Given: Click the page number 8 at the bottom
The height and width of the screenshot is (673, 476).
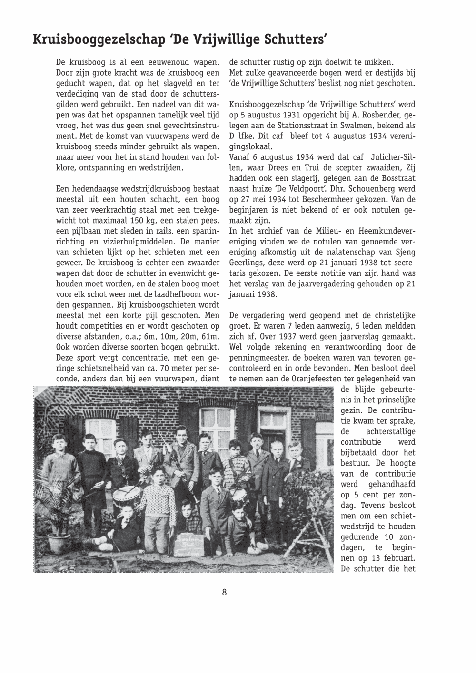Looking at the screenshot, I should click(224, 592).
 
